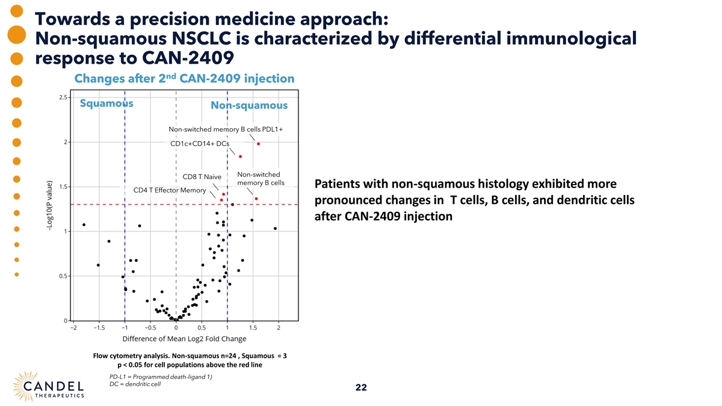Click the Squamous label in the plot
point(106,103)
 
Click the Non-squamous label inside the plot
point(250,106)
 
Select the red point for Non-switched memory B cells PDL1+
point(258,143)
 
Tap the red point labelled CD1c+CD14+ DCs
point(240,156)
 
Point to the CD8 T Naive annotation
point(202,177)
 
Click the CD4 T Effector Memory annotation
point(169,191)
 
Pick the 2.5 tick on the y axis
point(63,97)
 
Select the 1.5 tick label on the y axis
point(63,186)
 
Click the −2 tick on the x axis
point(73,328)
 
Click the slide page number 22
point(361,387)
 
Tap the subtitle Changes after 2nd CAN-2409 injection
point(184,79)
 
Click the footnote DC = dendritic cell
point(132,384)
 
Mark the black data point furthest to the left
point(84,224)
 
